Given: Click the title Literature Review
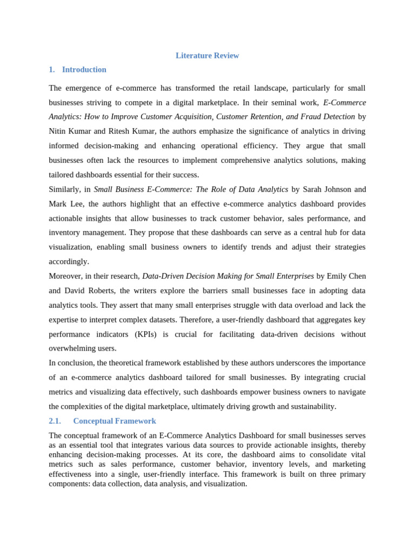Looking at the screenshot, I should [207, 56].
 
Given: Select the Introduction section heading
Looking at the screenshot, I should [84, 70].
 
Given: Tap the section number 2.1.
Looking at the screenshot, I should [55, 421].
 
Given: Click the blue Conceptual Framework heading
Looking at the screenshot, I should [115, 421].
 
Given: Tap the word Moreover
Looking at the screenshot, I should [64, 276].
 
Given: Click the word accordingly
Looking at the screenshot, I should [69, 262].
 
